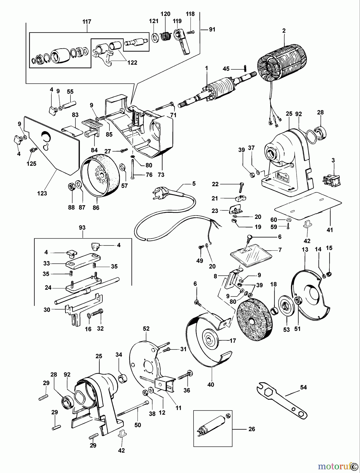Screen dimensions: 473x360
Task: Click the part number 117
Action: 87,22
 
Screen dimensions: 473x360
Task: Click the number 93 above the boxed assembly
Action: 82,228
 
